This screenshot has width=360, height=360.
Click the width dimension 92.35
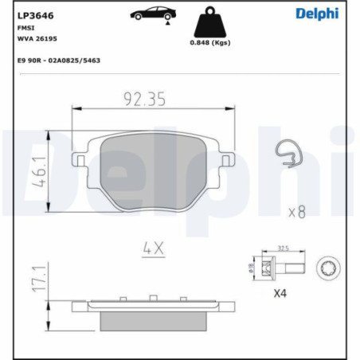148,100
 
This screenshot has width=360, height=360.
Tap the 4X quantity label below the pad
152,248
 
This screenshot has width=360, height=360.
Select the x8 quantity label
295,212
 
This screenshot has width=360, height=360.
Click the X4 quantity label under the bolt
280,292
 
